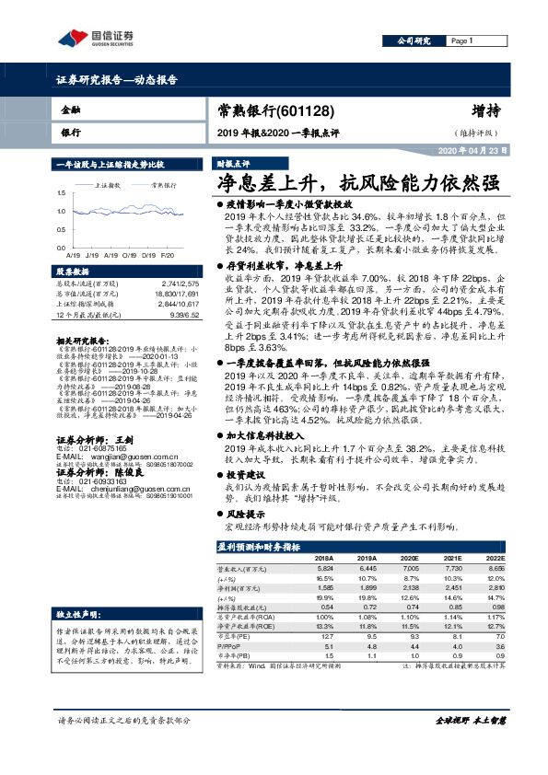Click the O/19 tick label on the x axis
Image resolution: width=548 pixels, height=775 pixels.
[x=126, y=253]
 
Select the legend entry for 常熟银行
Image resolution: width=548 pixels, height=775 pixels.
[x=166, y=185]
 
